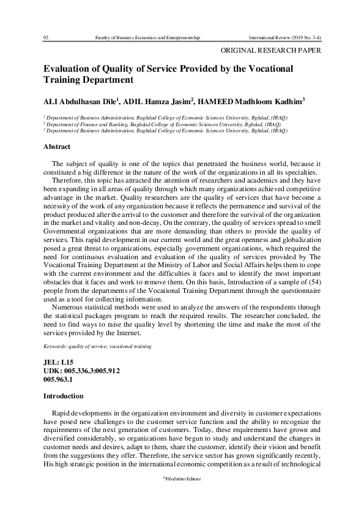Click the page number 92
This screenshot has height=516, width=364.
46,37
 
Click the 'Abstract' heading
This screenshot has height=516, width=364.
57,146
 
